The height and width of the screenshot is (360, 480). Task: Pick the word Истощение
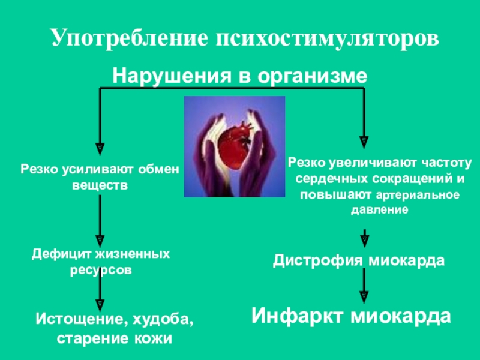[x=77, y=318]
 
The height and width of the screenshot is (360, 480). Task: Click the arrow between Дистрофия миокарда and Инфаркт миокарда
[x=363, y=286]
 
